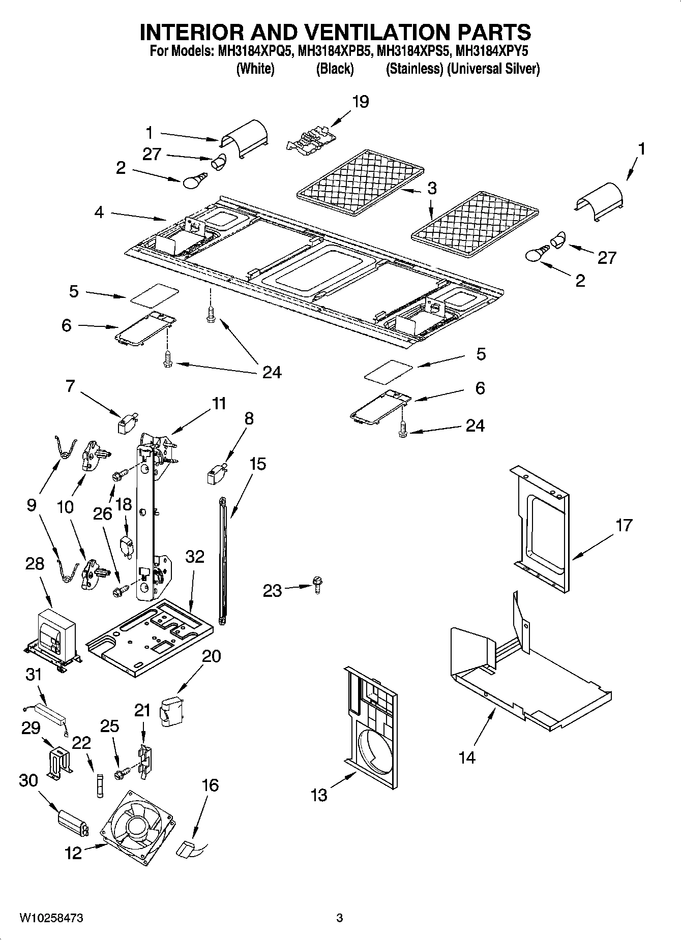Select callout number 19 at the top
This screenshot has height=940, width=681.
click(x=360, y=102)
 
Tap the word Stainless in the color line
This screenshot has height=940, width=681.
click(x=414, y=69)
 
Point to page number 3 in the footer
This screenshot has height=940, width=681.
click(x=340, y=918)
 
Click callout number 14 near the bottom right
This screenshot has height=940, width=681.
click(x=466, y=757)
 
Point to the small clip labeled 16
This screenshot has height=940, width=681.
click(x=186, y=848)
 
